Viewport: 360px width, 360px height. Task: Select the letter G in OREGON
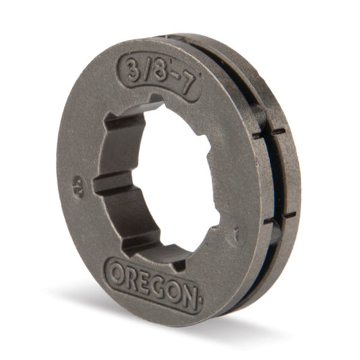(157, 286)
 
